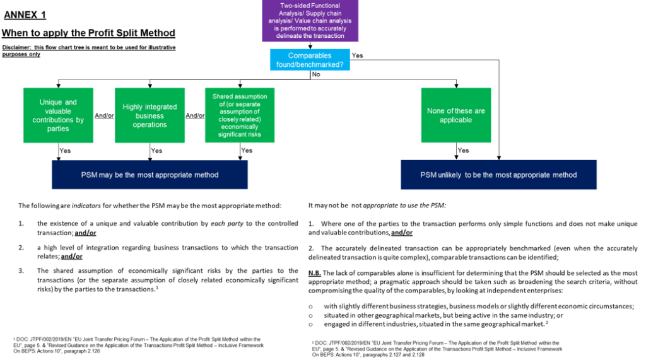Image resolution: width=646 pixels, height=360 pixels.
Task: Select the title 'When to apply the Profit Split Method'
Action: [88, 33]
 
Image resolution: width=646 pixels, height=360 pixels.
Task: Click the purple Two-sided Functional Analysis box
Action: [310, 21]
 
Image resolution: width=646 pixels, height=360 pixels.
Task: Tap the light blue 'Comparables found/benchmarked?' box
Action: [309, 60]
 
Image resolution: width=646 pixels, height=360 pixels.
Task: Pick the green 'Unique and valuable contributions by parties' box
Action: [58, 115]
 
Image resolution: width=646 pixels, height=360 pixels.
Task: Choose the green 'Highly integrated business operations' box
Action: [150, 115]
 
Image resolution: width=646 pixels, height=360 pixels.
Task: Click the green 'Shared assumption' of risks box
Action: [240, 115]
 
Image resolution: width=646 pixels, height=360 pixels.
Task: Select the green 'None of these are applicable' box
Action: [455, 115]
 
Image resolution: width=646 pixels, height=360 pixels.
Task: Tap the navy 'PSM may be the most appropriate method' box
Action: [150, 175]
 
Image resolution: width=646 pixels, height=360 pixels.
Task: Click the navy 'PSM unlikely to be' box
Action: [498, 175]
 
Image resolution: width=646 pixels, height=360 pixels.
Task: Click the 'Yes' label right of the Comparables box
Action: [357, 55]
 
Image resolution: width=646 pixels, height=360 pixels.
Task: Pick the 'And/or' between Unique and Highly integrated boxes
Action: [104, 116]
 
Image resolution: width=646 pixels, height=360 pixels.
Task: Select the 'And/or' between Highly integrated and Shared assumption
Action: [195, 116]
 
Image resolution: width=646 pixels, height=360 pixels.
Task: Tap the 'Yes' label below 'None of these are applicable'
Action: [464, 151]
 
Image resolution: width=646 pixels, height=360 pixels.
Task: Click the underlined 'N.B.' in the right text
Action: [315, 273]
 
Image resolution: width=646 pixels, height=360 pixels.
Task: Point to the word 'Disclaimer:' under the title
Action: [17, 48]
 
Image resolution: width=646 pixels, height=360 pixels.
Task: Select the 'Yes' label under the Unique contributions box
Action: [65, 151]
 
